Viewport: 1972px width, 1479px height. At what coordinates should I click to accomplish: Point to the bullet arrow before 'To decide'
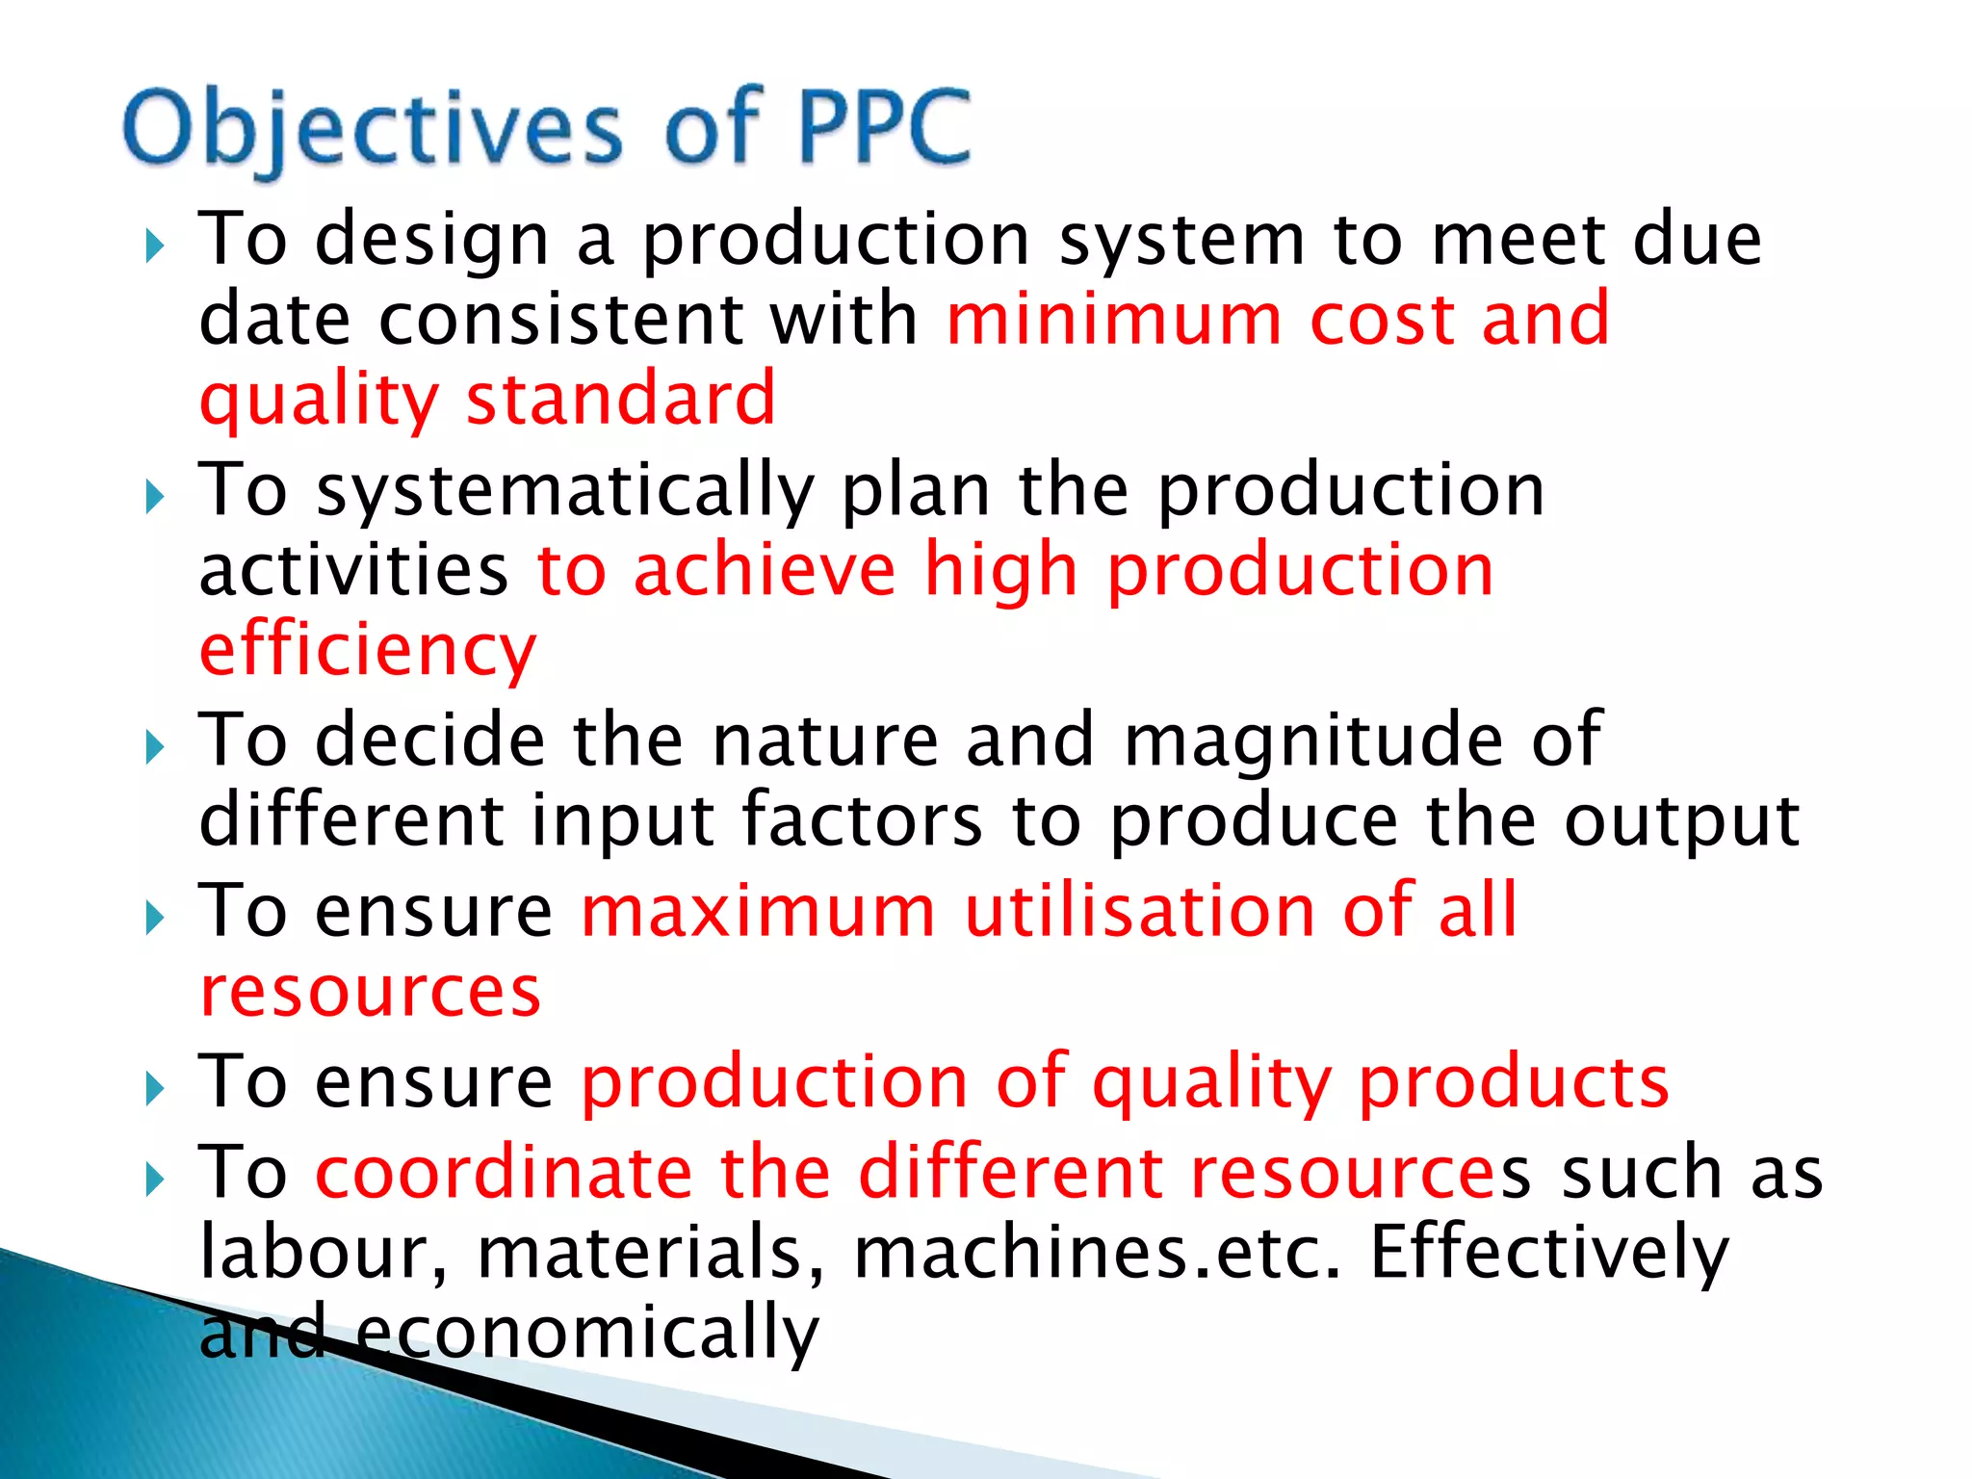coord(154,746)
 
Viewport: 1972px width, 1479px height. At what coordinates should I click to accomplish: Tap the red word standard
coord(620,399)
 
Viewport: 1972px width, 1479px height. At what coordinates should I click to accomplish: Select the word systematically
coord(565,491)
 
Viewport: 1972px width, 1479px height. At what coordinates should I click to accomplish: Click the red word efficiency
coord(367,651)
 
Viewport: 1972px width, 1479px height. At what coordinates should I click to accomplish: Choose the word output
coord(1681,821)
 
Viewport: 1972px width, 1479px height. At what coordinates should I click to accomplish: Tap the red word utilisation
coord(1139,910)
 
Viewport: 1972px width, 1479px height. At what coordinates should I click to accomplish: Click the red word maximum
coord(758,912)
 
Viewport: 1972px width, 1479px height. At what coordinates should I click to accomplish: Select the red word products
coord(1514,1082)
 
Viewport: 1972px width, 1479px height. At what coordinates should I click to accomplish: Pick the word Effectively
coord(1549,1252)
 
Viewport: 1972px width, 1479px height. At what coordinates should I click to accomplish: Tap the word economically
coord(587,1334)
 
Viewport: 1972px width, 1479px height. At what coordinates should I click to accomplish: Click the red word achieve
coord(765,570)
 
